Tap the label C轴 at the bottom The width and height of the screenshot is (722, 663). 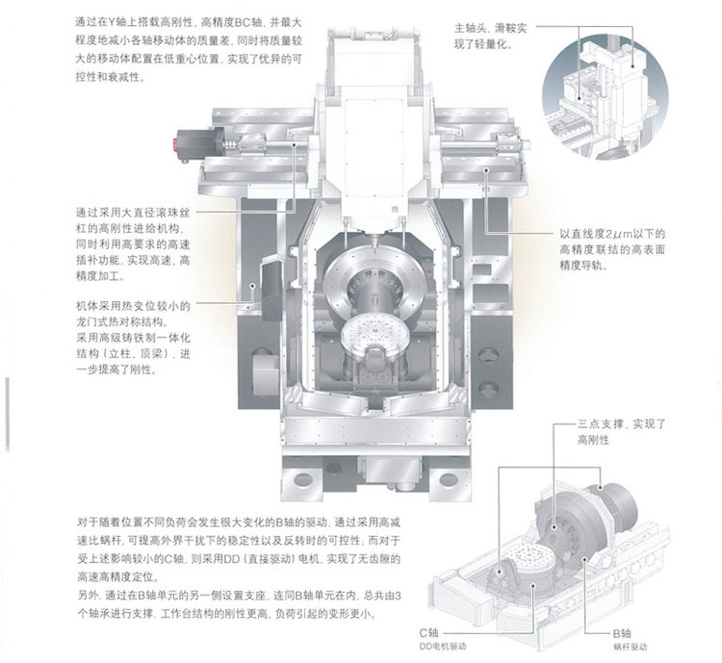(428, 632)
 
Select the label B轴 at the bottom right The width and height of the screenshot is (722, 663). (622, 633)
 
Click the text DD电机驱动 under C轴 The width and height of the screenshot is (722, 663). (443, 647)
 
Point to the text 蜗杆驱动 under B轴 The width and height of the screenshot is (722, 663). (630, 647)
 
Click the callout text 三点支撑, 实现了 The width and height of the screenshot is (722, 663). (622, 424)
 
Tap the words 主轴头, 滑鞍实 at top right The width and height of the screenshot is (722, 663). (490, 29)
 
